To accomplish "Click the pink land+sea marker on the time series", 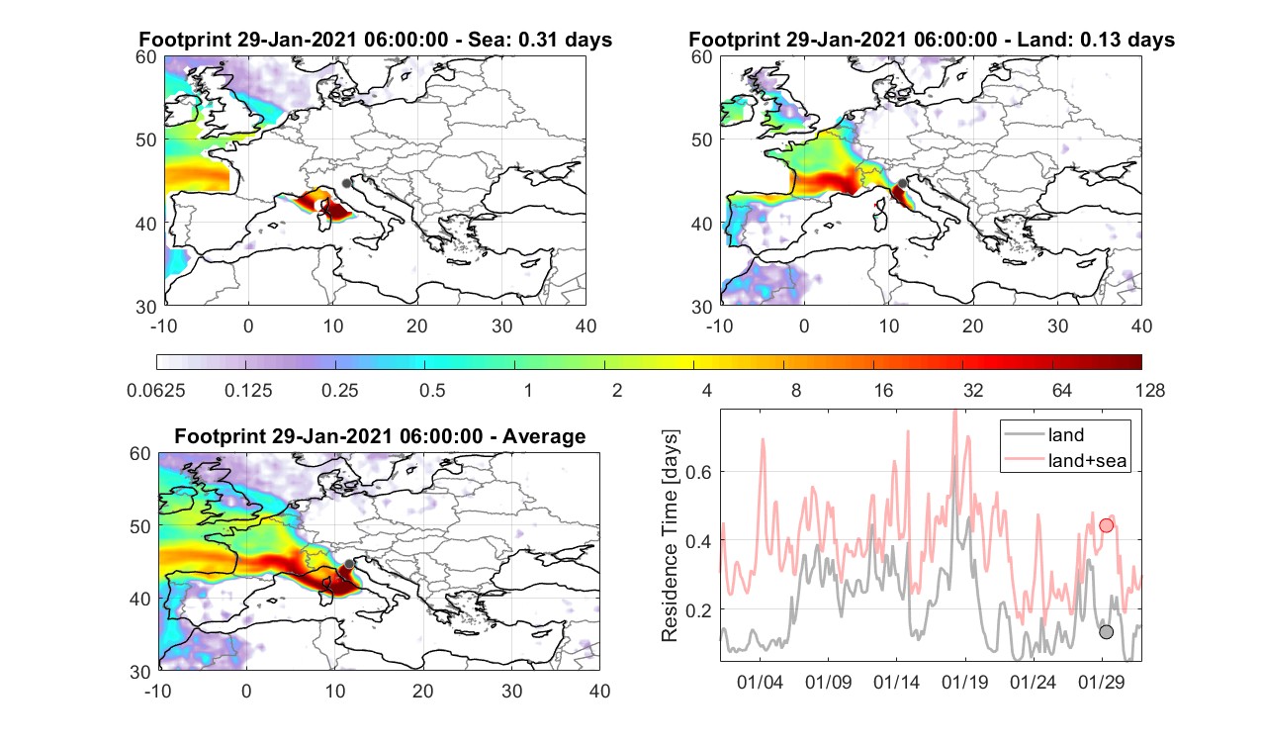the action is tap(1106, 525).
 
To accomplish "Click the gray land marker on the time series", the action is tap(1106, 632).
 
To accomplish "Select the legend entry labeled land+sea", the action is tap(1087, 460).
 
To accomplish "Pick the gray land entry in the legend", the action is tap(1065, 434).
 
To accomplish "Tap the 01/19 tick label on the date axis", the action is tap(964, 682).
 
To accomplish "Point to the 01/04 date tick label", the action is tap(760, 682).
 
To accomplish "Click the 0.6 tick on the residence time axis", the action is tap(699, 472).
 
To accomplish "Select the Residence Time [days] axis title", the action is tap(670, 535).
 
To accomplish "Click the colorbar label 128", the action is tap(1150, 390).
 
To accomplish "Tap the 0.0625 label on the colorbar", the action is tap(156, 390).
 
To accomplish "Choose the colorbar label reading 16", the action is tap(883, 390).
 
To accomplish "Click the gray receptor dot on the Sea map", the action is tap(346, 183).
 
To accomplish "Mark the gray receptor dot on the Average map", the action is tap(349, 564).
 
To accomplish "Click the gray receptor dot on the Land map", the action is tap(902, 183).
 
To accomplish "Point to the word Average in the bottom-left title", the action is tap(544, 437).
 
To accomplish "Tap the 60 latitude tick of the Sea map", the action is tap(146, 57).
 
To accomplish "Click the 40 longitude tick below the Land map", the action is tap(1141, 325).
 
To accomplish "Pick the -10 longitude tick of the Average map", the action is tap(158, 691).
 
